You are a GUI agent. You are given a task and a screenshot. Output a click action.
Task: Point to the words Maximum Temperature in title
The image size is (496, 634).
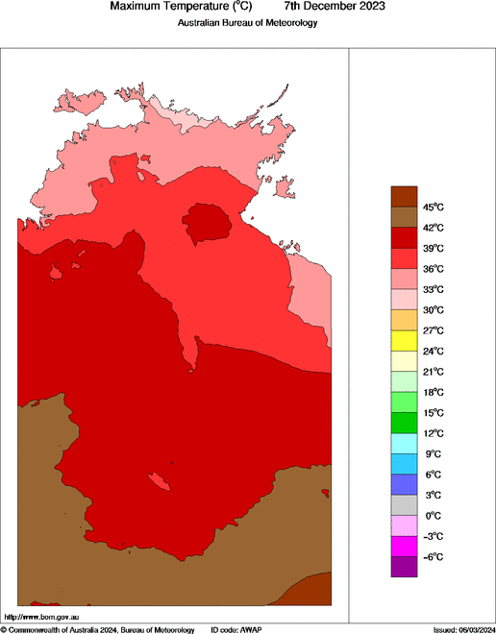click(162, 7)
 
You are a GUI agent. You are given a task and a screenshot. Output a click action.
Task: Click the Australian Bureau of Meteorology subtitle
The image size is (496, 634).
click(247, 23)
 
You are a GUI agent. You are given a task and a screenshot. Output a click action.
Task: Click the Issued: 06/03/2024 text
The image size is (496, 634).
click(464, 629)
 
